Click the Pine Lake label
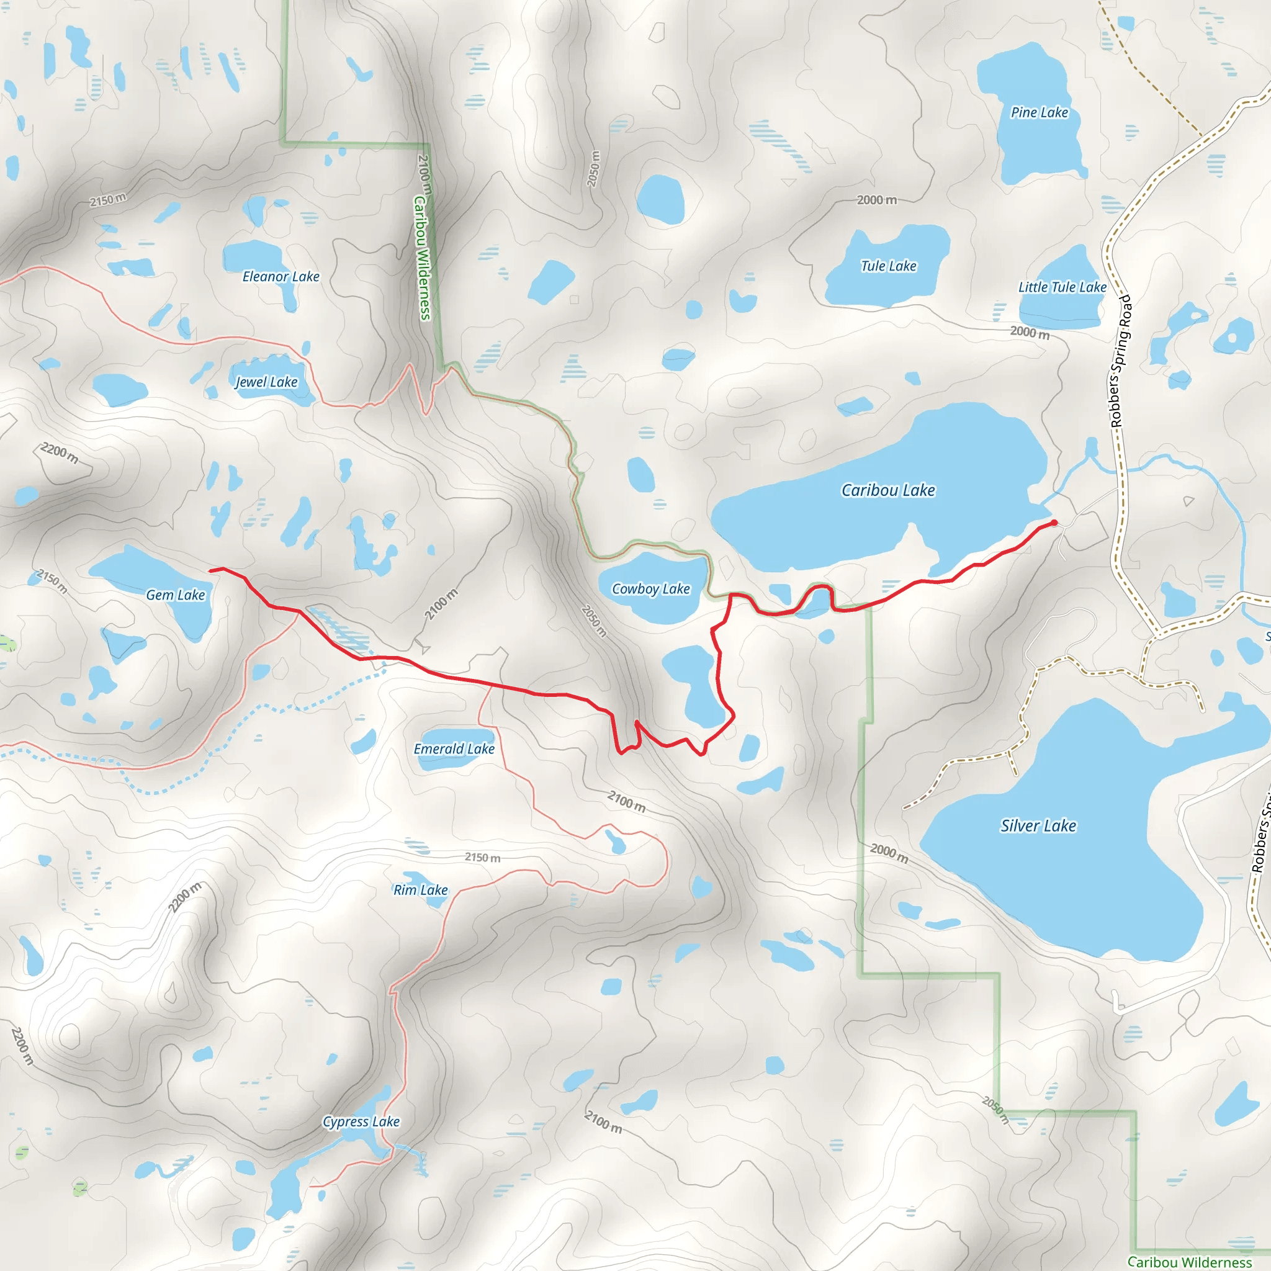tap(1040, 112)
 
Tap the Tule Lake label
tap(888, 266)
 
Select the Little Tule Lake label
tap(1062, 287)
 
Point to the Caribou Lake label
tap(887, 490)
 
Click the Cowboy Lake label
tap(650, 589)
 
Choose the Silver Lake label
tap(1038, 825)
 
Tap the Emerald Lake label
tap(454, 748)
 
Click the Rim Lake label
tap(420, 889)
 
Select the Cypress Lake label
tap(361, 1121)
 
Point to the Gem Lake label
tap(176, 595)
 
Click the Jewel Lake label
tap(266, 382)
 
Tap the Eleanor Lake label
tap(281, 276)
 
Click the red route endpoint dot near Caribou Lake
tap(1054, 523)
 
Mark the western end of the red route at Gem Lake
tap(210, 570)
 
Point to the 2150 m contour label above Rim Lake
tap(482, 858)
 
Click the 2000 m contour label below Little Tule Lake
tap(1030, 332)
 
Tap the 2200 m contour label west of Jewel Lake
tap(60, 452)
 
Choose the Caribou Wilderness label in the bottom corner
tap(1190, 1262)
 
